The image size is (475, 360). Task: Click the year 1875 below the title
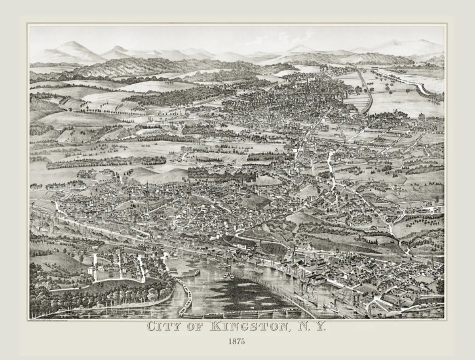coord(236,341)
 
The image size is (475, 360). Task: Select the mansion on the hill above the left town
coord(106,172)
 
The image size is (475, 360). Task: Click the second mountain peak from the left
coord(118,50)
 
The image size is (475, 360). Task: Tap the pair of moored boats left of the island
coord(227,275)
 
